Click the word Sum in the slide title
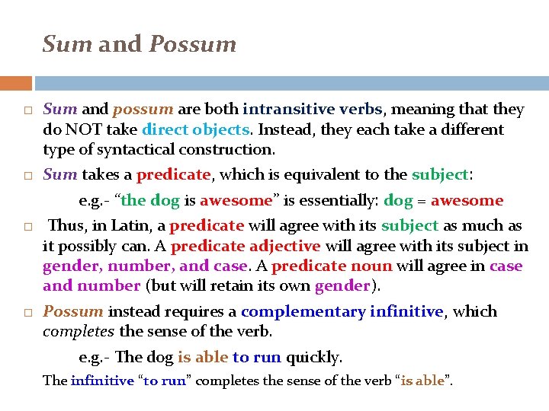[68, 44]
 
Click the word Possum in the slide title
[193, 44]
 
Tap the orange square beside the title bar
[16, 83]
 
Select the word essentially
[331, 201]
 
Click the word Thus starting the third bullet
[66, 226]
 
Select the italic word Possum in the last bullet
[73, 312]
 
